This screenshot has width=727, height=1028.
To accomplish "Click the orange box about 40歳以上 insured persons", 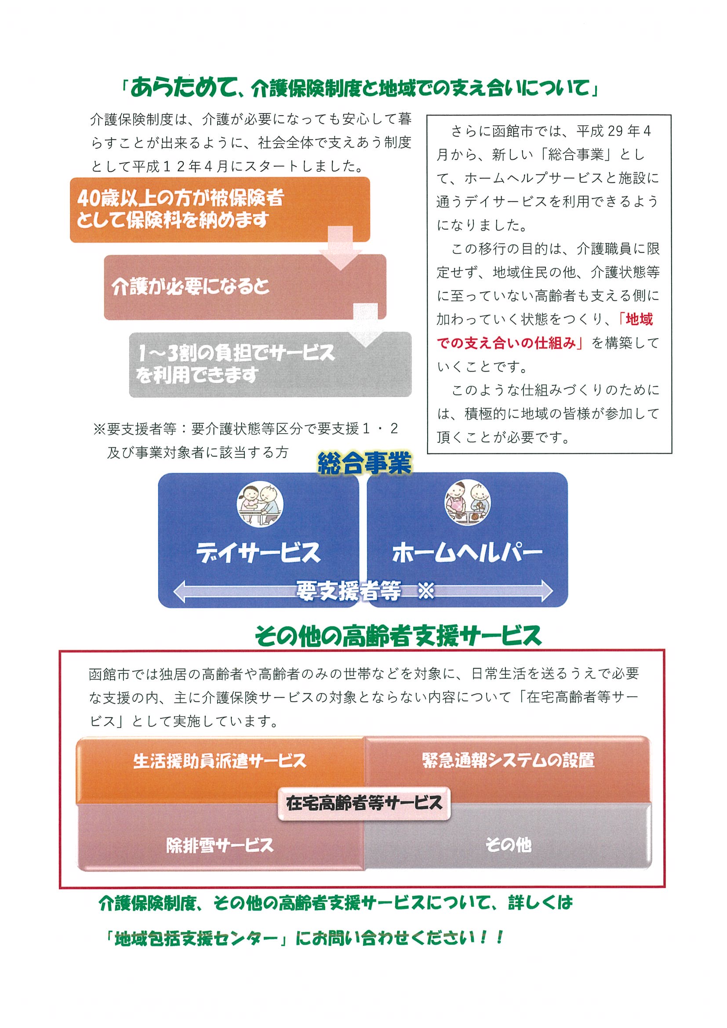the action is [x=220, y=210].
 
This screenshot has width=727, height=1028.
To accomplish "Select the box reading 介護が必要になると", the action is [x=245, y=287].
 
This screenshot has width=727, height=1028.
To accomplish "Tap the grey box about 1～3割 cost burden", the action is [x=270, y=365].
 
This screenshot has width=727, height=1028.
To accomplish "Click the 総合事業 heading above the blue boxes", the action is [x=364, y=464].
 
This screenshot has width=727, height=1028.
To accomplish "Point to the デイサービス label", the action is [x=258, y=553].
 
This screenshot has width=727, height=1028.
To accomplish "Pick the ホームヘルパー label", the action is [x=467, y=554].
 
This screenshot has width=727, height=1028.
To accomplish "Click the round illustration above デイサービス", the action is [x=260, y=505].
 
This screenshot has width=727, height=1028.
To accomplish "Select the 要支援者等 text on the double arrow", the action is [x=348, y=591].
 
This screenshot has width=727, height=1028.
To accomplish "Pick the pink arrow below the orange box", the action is [x=341, y=248].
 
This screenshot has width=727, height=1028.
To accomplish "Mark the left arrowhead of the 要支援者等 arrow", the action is [x=179, y=592].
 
